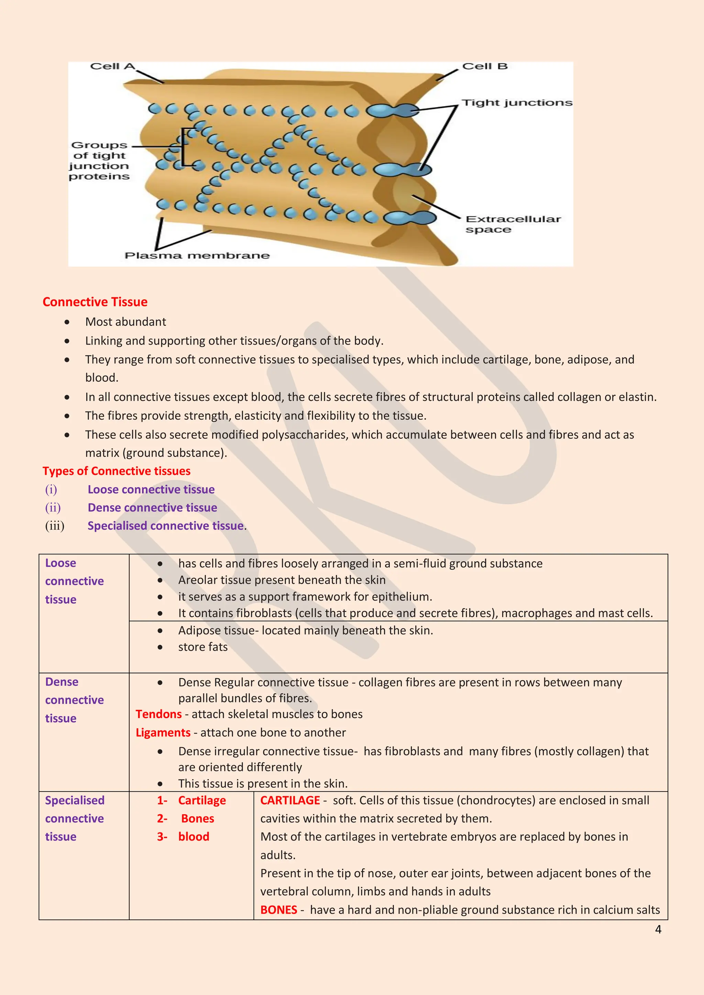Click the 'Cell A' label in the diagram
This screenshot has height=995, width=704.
coord(112,66)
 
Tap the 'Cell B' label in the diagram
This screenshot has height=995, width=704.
coord(484,66)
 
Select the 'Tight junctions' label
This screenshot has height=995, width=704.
coord(516,103)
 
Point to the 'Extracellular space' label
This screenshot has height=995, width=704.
coord(513,224)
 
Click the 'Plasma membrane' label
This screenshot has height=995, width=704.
coord(197,255)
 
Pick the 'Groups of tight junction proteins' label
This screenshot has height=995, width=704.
coord(99,160)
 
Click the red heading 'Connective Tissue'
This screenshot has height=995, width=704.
coord(95,302)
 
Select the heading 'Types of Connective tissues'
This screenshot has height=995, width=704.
coord(116,471)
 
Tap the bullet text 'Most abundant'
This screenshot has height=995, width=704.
coord(125,322)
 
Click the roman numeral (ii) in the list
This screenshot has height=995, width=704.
coord(53,507)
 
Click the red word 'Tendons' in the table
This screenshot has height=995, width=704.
coord(159,714)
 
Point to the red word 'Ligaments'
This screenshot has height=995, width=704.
coord(163,733)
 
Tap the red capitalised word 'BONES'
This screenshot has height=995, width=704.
coord(278,910)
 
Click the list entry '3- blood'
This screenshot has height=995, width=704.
coord(183,836)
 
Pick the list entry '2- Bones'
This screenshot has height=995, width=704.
coord(186,818)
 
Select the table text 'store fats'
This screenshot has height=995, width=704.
coord(202,647)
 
